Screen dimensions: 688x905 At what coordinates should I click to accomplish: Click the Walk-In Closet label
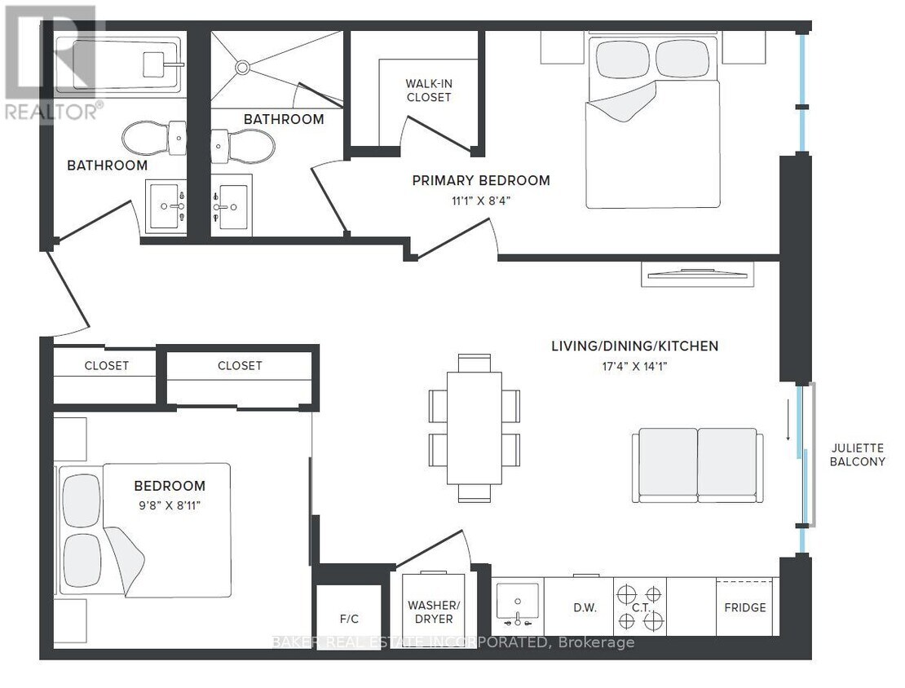tap(428, 90)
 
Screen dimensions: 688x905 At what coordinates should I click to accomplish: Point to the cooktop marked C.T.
tap(640, 607)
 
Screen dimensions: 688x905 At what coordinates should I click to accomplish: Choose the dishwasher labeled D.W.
tap(585, 607)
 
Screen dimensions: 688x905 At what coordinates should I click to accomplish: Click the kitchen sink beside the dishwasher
tap(518, 607)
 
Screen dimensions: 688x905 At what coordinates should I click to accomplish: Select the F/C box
tap(348, 618)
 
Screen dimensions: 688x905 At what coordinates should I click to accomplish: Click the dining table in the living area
tap(474, 428)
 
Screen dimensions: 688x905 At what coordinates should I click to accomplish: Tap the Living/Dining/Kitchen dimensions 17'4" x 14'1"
tap(633, 366)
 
